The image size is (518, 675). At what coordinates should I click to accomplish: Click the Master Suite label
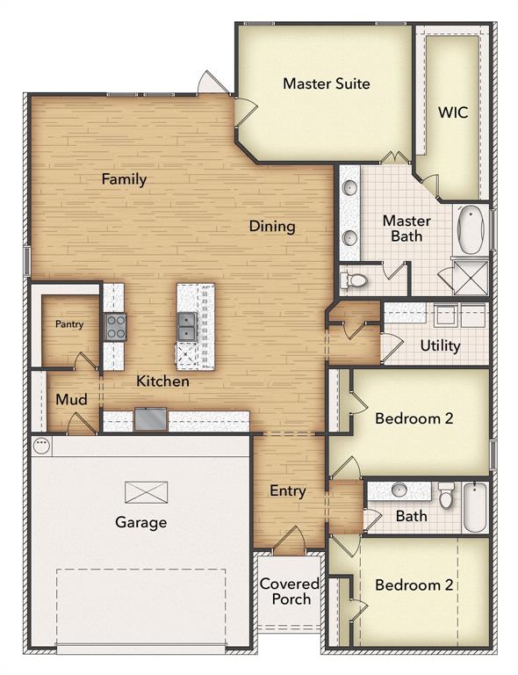click(326, 84)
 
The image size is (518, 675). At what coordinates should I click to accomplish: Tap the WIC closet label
click(453, 112)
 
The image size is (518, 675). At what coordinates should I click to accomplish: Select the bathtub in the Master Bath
click(471, 229)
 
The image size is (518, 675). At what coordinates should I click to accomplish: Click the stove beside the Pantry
click(115, 326)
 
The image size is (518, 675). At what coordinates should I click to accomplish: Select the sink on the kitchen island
click(187, 326)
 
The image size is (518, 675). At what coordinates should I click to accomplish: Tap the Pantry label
click(69, 324)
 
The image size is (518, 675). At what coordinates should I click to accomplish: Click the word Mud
click(71, 400)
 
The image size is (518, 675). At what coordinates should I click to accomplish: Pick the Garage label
click(140, 523)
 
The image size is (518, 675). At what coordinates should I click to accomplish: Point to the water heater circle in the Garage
click(41, 446)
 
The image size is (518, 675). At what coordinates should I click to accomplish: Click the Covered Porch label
click(289, 592)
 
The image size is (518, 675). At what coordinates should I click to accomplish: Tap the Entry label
click(287, 491)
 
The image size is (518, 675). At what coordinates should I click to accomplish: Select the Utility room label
click(440, 345)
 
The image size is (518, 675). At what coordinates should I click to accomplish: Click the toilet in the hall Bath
click(446, 497)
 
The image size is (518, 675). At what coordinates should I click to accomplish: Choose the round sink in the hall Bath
click(399, 490)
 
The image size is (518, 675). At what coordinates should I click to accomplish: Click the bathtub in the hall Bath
click(474, 507)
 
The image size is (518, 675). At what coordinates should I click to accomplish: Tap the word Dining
click(271, 226)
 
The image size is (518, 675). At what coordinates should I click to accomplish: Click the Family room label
click(124, 179)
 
